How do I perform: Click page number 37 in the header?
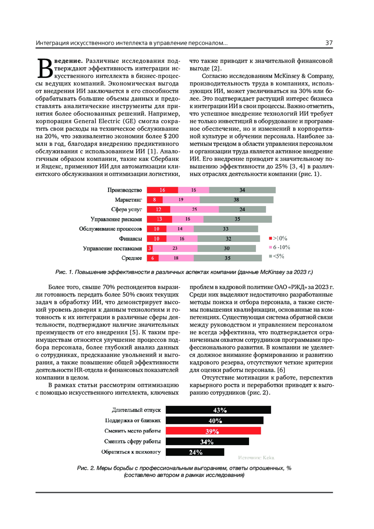click(x=329, y=43)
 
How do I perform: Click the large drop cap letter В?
click(x=45, y=69)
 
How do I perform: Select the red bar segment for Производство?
click(x=162, y=190)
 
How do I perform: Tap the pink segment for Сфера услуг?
click(x=194, y=209)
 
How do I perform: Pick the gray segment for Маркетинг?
click(x=237, y=200)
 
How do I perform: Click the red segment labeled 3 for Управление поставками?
click(x=150, y=248)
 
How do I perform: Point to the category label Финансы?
click(x=130, y=239)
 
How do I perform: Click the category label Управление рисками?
click(x=116, y=219)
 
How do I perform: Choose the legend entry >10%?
click(x=278, y=238)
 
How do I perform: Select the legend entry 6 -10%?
click(x=280, y=247)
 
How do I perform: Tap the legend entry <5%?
click(x=277, y=256)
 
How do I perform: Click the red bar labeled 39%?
click(x=213, y=431)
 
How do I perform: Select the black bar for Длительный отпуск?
click(x=218, y=410)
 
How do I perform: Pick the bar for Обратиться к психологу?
click(x=195, y=452)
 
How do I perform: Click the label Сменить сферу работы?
click(x=132, y=441)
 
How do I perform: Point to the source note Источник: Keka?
click(x=256, y=458)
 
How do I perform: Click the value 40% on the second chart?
click(x=215, y=421)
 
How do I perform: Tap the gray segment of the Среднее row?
click(x=228, y=258)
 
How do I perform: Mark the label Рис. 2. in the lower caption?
click(x=86, y=468)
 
